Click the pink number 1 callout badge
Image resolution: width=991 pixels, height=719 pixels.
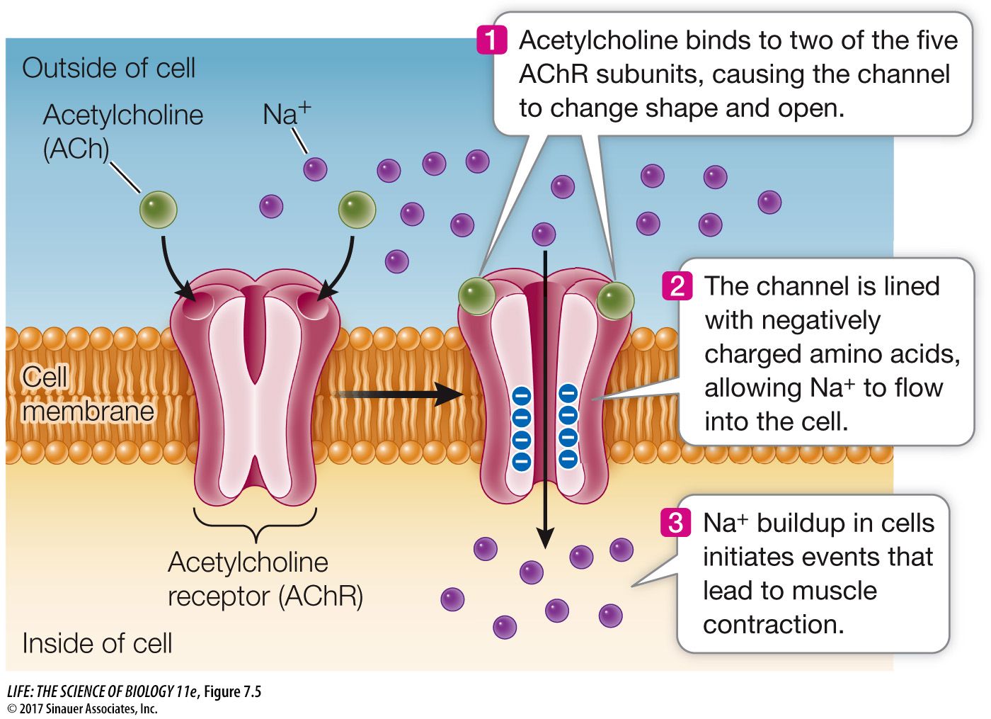point(492,40)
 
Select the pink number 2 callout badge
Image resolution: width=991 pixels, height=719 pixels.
point(677,285)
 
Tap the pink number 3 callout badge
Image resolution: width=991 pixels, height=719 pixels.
point(675,523)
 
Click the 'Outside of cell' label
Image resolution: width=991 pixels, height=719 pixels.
point(108,68)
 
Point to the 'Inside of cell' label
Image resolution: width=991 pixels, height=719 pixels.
point(97,643)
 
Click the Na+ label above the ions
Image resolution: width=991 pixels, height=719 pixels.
point(286,113)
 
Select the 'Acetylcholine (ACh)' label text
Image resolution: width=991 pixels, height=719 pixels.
point(122,131)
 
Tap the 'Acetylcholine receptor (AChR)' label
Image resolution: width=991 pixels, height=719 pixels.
point(265,579)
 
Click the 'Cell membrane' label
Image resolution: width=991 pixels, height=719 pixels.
point(86,394)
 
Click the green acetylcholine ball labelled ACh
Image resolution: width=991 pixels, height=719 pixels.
point(158,210)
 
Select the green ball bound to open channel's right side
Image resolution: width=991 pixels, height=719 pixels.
point(615,300)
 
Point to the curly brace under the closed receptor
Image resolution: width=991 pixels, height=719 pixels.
point(254,521)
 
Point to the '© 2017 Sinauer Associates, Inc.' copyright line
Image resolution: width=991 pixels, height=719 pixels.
point(82,708)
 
